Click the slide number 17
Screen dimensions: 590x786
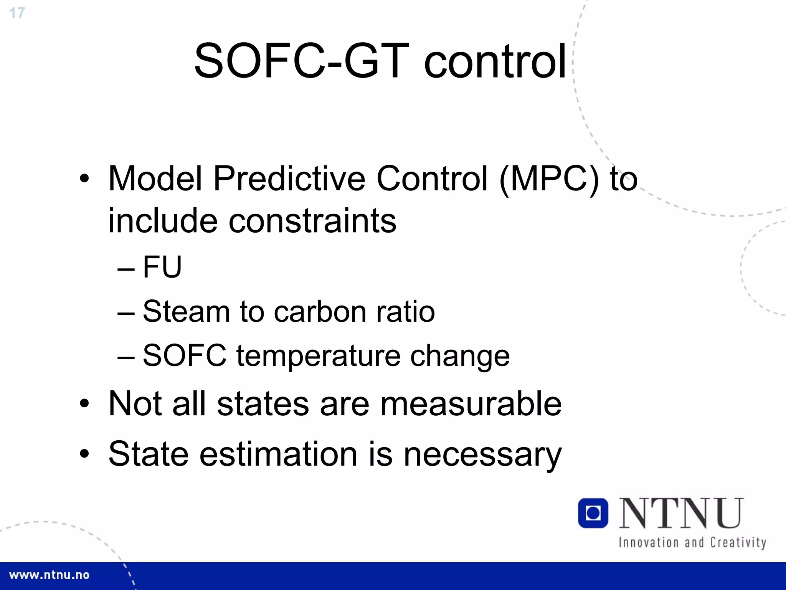[17, 13]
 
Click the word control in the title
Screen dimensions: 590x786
[495, 61]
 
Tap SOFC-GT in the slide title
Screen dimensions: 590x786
[302, 61]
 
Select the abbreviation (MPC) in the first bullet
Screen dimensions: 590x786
[549, 179]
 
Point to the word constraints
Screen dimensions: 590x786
[312, 221]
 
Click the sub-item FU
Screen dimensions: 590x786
[162, 267]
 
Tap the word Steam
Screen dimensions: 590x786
[186, 311]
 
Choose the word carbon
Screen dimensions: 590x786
[320, 311]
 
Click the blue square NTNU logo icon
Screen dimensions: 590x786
[593, 513]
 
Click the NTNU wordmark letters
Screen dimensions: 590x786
[682, 513]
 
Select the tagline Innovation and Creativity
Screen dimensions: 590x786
[692, 543]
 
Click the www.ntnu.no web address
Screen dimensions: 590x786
[49, 575]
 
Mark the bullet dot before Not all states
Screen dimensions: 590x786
[84, 404]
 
